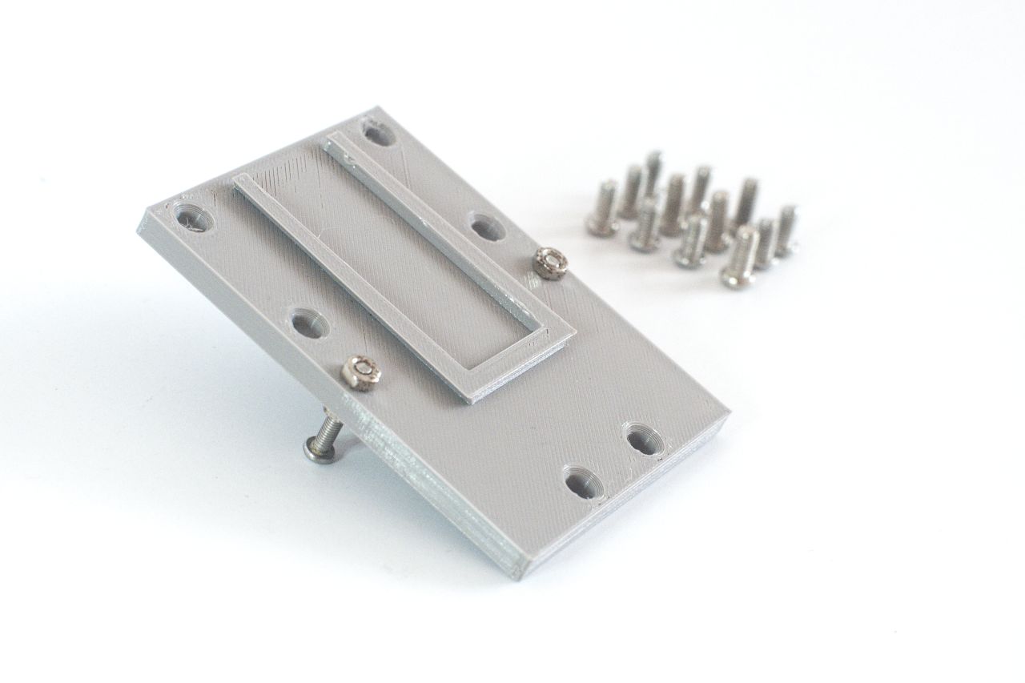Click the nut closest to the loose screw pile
(549, 262)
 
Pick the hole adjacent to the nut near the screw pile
(487, 227)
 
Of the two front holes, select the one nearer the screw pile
(643, 439)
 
